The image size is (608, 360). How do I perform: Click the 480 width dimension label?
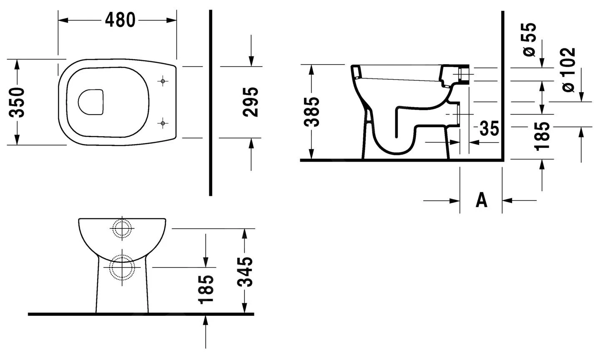(x=120, y=20)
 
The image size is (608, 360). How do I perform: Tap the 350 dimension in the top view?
(x=18, y=102)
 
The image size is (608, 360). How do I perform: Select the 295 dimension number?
(x=250, y=102)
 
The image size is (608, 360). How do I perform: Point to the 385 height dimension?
(x=312, y=112)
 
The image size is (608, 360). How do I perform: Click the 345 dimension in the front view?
(x=245, y=272)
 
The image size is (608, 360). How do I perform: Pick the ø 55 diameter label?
(x=529, y=40)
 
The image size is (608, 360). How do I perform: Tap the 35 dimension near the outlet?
(x=489, y=129)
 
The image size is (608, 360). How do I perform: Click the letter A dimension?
(x=482, y=200)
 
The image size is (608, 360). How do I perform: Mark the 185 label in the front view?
(x=206, y=289)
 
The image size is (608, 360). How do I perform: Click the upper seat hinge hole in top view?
(x=163, y=81)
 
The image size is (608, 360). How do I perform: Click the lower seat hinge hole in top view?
(x=163, y=123)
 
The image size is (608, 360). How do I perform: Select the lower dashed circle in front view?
(x=122, y=267)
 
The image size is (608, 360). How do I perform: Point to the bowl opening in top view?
(x=90, y=102)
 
